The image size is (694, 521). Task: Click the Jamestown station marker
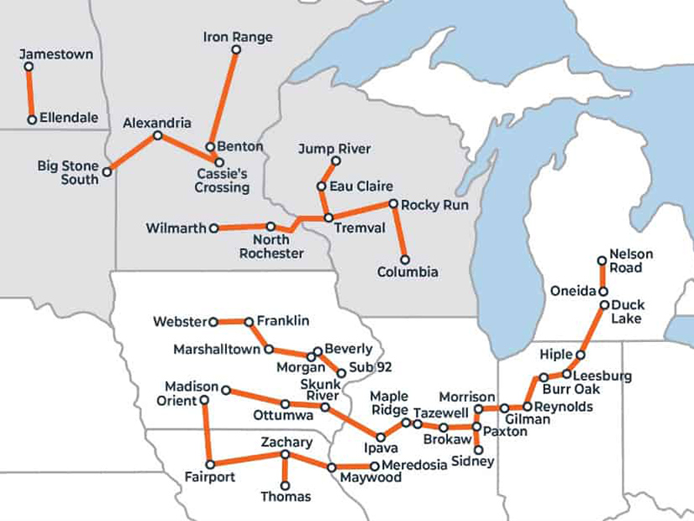(x=29, y=67)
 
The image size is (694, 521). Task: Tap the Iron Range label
(x=238, y=37)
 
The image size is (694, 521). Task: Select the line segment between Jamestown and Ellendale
(x=30, y=93)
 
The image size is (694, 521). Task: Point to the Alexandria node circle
(x=157, y=135)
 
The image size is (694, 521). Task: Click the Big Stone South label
(x=68, y=172)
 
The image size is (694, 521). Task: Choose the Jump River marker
(x=336, y=161)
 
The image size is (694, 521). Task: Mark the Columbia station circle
(x=405, y=260)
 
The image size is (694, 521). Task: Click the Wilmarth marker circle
(x=214, y=228)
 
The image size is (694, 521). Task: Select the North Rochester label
(x=271, y=247)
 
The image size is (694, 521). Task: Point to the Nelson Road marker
(x=602, y=260)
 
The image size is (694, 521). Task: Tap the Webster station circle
(x=213, y=321)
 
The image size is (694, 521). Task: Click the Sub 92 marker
(x=341, y=372)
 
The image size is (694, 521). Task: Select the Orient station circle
(x=204, y=401)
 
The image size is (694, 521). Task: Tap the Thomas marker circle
(x=286, y=485)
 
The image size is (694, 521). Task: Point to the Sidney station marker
(x=478, y=450)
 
